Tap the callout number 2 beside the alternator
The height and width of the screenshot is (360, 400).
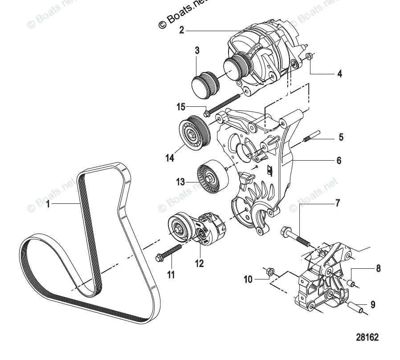181,30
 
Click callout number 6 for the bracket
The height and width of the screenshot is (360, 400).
339,160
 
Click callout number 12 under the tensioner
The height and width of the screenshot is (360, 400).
199,264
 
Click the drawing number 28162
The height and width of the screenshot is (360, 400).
367,337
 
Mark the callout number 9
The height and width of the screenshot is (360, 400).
373,305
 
